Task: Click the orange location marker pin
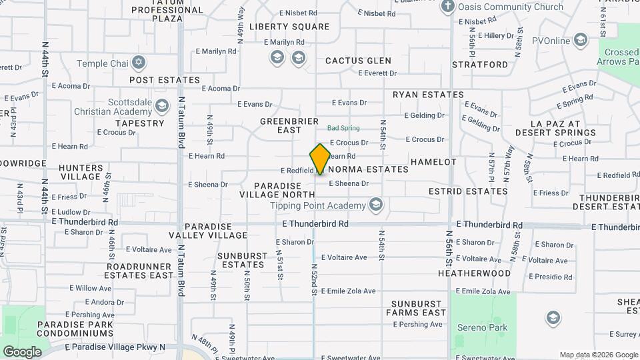[320, 159]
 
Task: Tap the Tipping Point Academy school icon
[376, 205]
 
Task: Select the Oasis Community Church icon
[448, 7]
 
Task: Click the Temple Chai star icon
[139, 63]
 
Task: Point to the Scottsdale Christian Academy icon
[162, 106]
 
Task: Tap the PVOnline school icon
[581, 41]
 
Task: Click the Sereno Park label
[482, 327]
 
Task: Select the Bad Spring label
[343, 128]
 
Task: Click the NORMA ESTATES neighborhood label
[368, 169]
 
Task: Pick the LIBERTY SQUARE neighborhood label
[289, 27]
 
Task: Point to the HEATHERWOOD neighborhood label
[474, 273]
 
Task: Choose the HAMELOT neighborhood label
[433, 162]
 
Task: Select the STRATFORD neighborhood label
[480, 65]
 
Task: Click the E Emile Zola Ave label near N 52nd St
[349, 291]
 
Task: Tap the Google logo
[22, 351]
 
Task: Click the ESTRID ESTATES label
[468, 191]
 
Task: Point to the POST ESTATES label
[165, 80]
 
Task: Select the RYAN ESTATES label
[428, 95]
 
